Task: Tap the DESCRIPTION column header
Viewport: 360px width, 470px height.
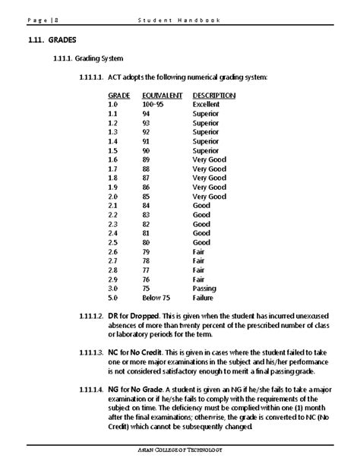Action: (214, 96)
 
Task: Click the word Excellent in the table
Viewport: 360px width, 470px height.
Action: (206, 104)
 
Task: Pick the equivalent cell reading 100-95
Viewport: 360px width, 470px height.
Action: (153, 104)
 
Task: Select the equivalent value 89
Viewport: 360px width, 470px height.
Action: (147, 159)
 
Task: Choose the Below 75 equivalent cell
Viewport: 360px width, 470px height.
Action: (155, 298)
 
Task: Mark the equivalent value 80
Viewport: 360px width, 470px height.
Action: (147, 242)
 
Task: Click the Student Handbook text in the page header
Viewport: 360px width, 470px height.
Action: (179, 20)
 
